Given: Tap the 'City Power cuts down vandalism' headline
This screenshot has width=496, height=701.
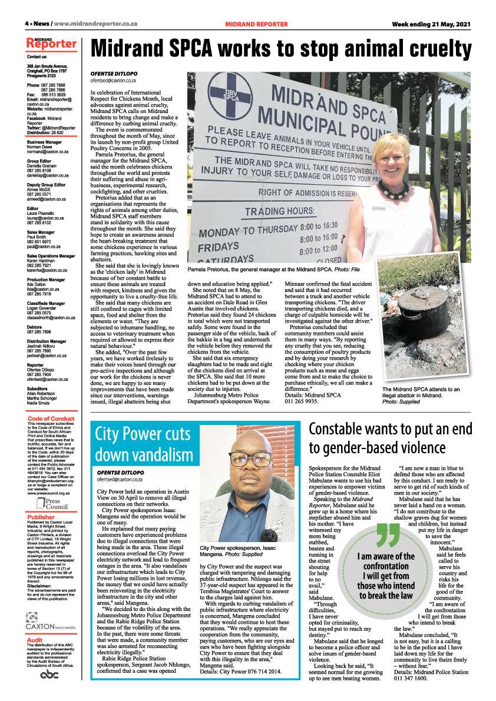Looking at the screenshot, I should click(x=144, y=444).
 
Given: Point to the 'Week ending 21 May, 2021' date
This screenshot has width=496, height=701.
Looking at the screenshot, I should click(x=432, y=24).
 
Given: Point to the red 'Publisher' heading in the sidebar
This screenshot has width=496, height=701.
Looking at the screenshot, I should click(x=41, y=517).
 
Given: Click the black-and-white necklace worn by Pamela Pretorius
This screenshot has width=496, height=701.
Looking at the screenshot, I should click(x=394, y=190).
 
